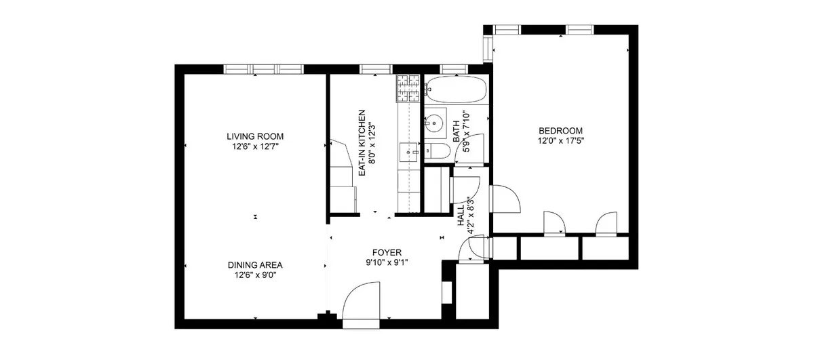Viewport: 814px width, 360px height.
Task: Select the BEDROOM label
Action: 560,131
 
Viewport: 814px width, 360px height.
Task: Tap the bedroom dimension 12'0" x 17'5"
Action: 560,141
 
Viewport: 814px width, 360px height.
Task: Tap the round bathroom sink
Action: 435,123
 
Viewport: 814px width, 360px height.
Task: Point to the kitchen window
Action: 372,68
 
